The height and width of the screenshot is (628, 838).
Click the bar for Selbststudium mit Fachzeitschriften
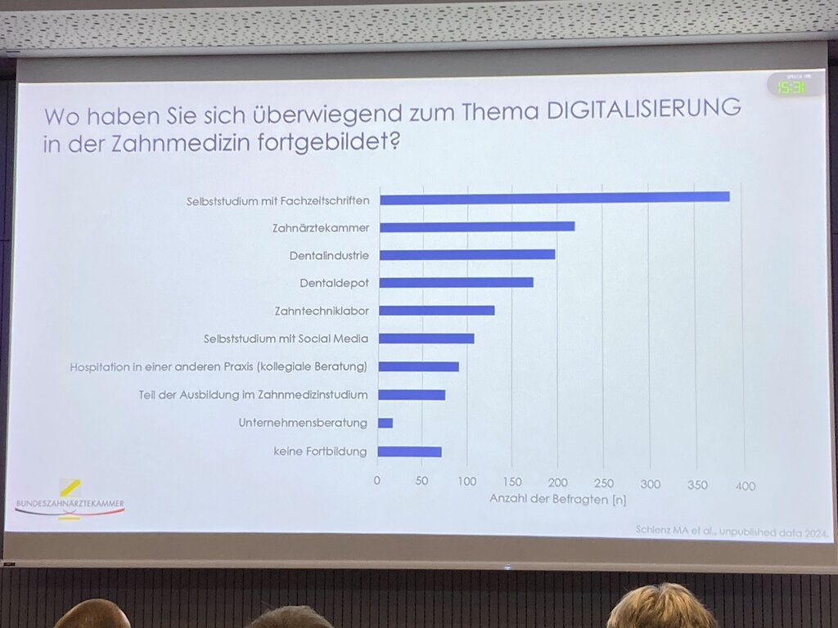(x=554, y=197)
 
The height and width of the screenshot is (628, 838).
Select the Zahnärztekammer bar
(x=477, y=227)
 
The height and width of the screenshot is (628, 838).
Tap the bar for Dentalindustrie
(x=467, y=254)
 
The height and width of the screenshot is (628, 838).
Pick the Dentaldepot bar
(x=456, y=282)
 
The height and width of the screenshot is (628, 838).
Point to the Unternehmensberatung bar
(x=385, y=423)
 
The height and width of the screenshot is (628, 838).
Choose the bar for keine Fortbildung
(x=410, y=451)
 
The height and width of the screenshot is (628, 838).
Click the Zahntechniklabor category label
(x=322, y=311)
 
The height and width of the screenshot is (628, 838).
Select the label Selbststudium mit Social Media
(x=286, y=339)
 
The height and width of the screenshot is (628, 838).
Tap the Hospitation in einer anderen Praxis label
(x=218, y=366)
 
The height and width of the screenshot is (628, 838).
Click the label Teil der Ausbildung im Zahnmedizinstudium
(x=253, y=395)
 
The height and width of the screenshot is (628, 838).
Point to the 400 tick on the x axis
(x=745, y=486)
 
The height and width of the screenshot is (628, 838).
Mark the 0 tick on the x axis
(x=377, y=480)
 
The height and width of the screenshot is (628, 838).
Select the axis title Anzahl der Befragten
(x=557, y=499)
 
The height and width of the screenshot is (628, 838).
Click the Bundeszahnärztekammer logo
(x=70, y=500)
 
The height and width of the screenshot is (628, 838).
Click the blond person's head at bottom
(x=661, y=607)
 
